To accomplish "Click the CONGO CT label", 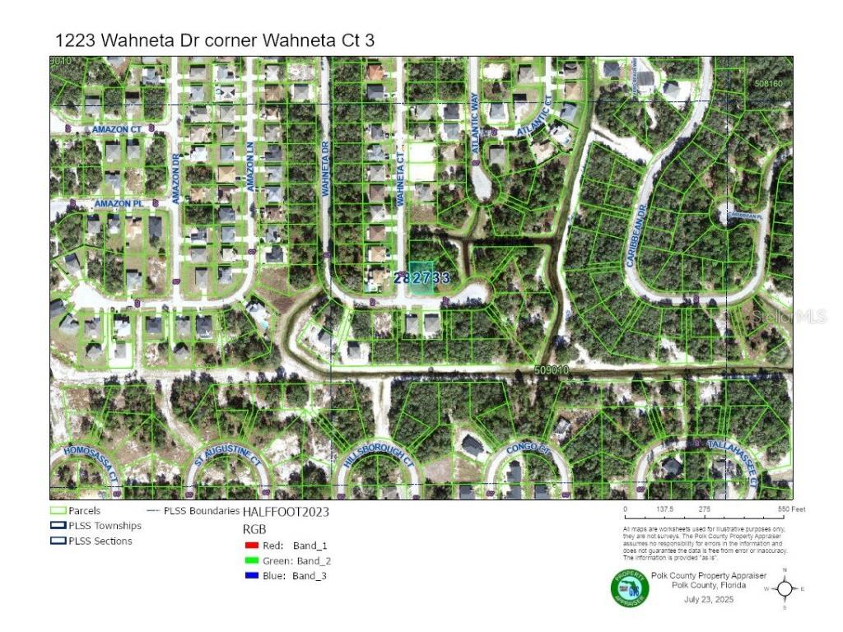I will [527, 449].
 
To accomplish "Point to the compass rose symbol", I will [785, 588].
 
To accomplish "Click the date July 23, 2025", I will [709, 599].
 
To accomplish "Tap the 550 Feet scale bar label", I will [789, 510].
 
